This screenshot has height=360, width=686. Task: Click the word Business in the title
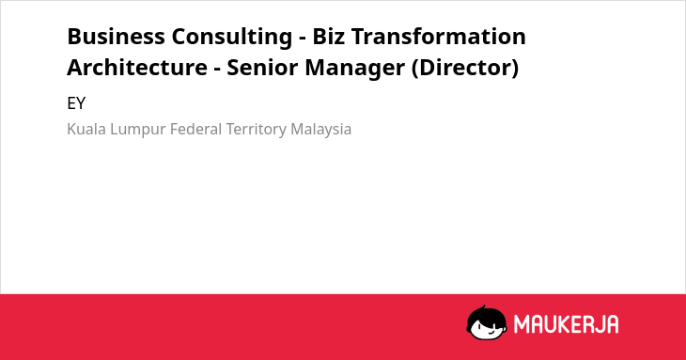click(116, 37)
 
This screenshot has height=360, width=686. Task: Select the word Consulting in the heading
click(232, 38)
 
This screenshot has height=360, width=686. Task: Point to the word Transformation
click(438, 37)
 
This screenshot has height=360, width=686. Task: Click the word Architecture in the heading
click(137, 68)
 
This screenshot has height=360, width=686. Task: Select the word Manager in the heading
click(355, 69)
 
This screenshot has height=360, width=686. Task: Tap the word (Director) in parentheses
click(465, 68)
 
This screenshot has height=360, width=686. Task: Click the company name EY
click(76, 103)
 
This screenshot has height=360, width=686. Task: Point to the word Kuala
click(86, 129)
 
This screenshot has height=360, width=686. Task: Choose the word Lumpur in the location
click(138, 130)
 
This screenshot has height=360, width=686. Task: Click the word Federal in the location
click(196, 129)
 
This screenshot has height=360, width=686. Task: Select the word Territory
click(256, 130)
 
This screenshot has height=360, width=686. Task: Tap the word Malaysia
click(321, 130)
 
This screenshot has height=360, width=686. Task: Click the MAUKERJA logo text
click(566, 324)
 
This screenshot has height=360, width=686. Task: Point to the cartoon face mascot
click(487, 322)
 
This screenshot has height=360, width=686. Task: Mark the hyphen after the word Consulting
click(303, 39)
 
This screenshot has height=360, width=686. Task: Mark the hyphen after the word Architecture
click(217, 70)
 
